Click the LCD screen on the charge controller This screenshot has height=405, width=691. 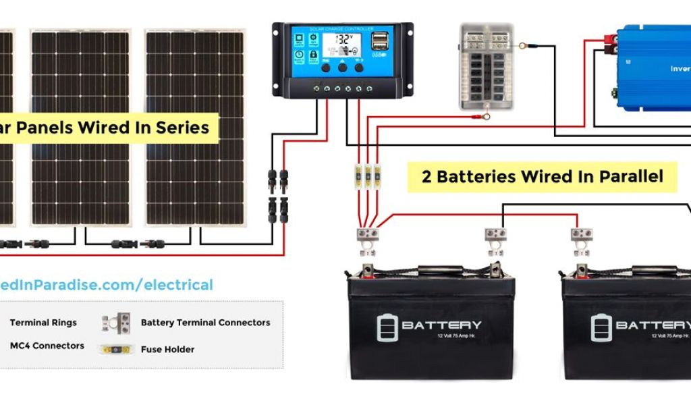[x=346, y=45]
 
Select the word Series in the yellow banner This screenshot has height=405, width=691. [x=184, y=127]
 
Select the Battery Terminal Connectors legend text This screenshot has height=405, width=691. [x=205, y=323]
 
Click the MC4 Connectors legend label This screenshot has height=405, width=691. [x=47, y=346]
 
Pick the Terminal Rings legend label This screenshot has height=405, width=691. [x=43, y=323]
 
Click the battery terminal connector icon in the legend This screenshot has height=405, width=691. [x=117, y=322]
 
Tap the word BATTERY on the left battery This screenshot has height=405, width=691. [x=441, y=325]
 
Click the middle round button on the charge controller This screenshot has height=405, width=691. [x=343, y=67]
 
